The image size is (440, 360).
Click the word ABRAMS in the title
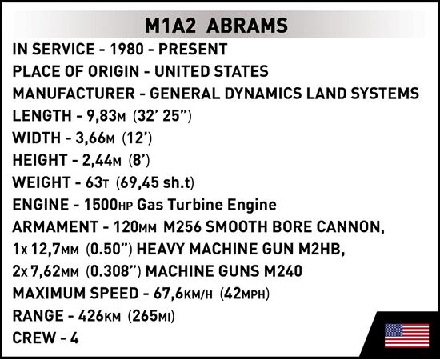247,26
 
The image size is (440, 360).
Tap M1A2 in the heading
170,26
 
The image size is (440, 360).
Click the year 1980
126,49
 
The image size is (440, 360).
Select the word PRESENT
193,49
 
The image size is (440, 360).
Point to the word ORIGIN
114,71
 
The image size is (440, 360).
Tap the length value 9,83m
102,116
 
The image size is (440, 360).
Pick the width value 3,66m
95,138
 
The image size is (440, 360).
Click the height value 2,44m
102,160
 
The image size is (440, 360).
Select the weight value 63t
97,182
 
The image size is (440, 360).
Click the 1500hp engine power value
109,205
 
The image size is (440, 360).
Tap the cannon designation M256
182,226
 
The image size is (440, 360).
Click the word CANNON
350,227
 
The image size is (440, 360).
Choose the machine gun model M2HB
322,250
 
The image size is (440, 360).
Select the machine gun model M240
283,271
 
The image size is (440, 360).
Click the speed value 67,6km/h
183,294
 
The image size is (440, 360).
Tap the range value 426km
99,316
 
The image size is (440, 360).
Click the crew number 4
74,338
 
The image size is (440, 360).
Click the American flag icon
407,335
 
